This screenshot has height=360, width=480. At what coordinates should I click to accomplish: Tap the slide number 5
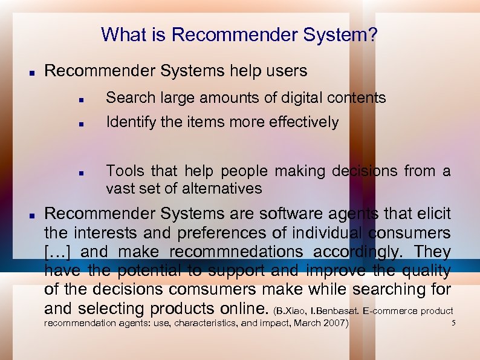pyautogui.click(x=453, y=323)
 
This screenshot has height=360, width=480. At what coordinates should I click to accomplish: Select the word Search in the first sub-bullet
pyautogui.click(x=129, y=98)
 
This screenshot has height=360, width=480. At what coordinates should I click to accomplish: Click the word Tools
pyautogui.click(x=125, y=171)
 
